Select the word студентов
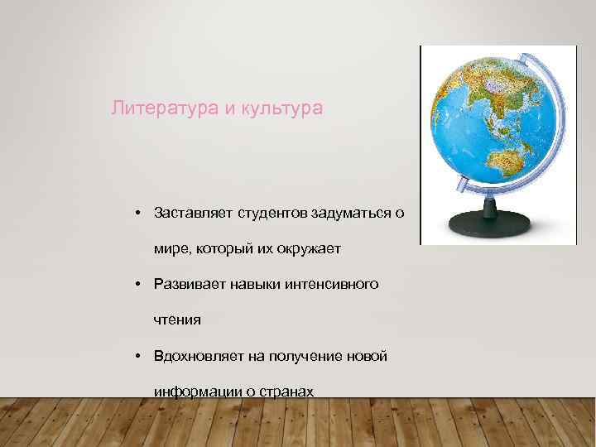pyautogui.click(x=273, y=213)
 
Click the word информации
pyautogui.click(x=193, y=391)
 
